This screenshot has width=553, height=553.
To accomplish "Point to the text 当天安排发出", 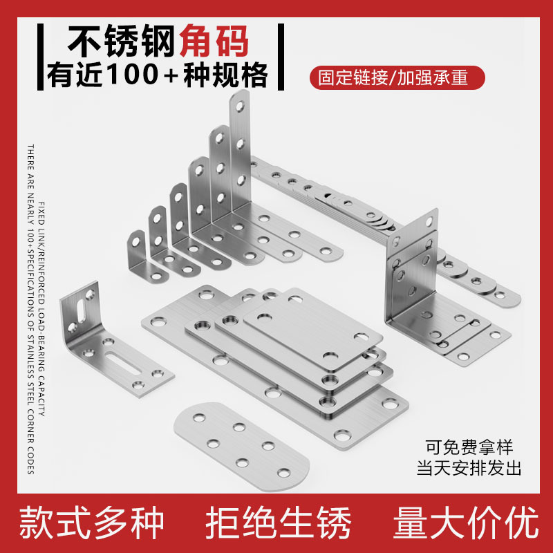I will (x=468, y=468).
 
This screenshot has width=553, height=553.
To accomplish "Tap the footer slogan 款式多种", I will (x=91, y=523).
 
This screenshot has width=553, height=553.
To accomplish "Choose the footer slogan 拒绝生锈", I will (x=279, y=523).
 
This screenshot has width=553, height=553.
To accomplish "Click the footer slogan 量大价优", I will (x=465, y=523).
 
